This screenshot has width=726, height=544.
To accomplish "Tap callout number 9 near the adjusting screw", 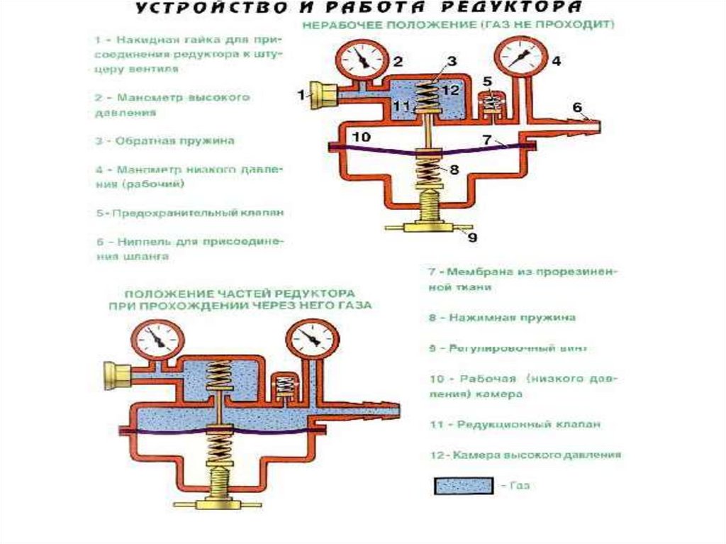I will [x=473, y=238].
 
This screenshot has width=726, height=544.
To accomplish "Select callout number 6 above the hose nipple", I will [x=577, y=107].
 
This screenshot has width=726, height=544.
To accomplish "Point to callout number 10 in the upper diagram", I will [x=361, y=137].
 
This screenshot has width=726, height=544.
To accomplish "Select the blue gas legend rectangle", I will [x=463, y=486].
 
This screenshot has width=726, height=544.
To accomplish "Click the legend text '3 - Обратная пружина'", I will [x=165, y=140].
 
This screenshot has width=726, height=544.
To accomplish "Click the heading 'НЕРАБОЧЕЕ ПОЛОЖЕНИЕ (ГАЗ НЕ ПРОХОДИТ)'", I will [x=459, y=24].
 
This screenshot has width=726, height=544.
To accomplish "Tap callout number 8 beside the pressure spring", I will [x=454, y=170].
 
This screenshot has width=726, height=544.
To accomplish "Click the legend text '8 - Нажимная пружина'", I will [x=501, y=318].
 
